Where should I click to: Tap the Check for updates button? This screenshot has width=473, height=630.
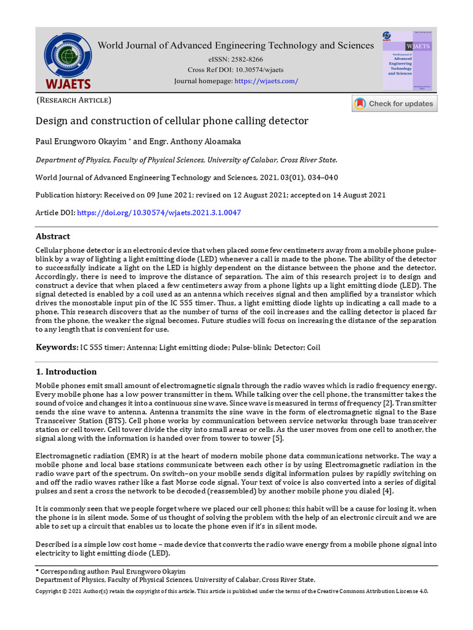point(394,103)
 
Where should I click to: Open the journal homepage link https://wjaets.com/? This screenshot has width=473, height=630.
point(266,81)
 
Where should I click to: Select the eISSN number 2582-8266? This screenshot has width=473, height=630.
point(246,59)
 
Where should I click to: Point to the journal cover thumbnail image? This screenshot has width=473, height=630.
point(406,62)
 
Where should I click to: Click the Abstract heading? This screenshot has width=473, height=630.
point(53,236)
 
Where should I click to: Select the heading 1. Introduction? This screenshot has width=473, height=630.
point(66,372)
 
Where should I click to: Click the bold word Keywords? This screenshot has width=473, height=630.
point(57,348)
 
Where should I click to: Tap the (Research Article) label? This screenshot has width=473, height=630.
point(73,100)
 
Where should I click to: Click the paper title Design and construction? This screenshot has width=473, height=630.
point(171,121)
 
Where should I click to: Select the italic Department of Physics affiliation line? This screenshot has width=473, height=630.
point(186,160)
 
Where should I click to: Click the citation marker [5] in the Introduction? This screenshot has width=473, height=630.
point(277,438)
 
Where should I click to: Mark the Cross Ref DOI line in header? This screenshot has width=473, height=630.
point(235,70)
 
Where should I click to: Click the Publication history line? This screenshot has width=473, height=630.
point(211,195)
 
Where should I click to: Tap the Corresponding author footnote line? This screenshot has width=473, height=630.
point(111,572)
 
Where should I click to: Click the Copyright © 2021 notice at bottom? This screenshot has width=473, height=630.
point(231,591)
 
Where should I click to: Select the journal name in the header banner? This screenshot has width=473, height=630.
point(236,46)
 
